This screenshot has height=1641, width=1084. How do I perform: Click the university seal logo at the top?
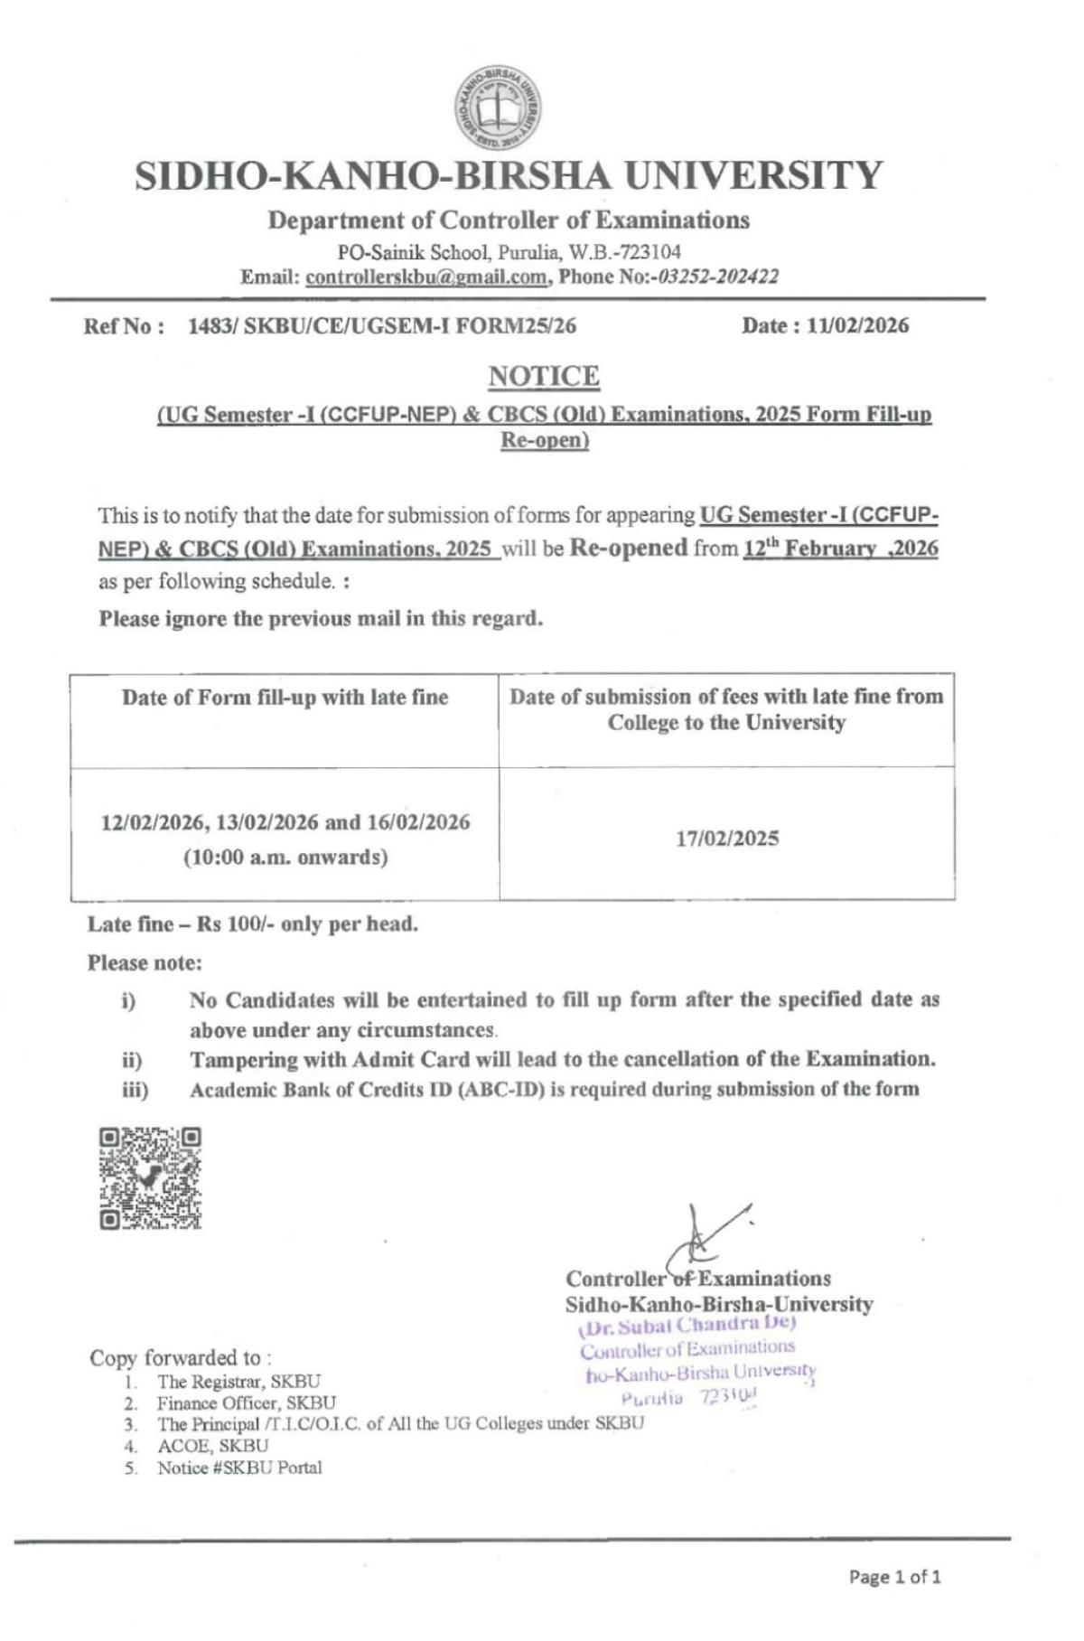coord(498,109)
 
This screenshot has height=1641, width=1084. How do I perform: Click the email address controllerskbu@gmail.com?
coord(426,277)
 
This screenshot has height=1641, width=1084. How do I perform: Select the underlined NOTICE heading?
coord(544,376)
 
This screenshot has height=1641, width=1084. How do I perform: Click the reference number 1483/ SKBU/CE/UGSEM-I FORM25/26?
coord(381,326)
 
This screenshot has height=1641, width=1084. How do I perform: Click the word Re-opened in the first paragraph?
coord(628,548)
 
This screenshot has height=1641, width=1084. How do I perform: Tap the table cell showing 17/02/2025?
coord(727,839)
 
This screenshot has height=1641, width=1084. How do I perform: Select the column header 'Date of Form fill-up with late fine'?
coord(285,698)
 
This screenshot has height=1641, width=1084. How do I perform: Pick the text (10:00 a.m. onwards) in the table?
coord(285,857)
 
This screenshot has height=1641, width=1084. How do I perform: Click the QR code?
coord(150,1178)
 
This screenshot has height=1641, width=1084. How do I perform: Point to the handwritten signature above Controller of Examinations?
coord(705,1238)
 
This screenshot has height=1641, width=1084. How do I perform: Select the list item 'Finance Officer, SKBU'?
coord(247,1403)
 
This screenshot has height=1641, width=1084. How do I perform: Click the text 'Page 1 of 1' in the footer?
coord(894,1577)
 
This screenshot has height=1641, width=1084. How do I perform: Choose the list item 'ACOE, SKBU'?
coord(213,1446)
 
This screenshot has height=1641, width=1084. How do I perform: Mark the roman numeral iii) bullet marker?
coord(135,1090)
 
